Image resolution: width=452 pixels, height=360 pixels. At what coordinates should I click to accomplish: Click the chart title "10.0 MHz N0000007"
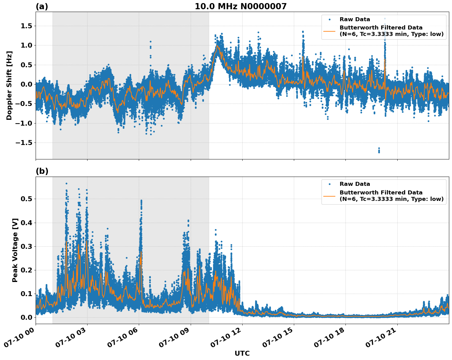pos(240,6)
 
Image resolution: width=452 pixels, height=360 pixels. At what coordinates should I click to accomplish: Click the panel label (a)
pos(42,6)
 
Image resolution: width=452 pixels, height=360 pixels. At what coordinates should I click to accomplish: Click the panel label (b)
pos(42,171)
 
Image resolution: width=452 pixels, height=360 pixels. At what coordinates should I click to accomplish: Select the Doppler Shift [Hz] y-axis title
pos(9,85)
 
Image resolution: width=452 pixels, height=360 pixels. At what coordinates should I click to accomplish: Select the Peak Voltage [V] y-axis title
pos(15,250)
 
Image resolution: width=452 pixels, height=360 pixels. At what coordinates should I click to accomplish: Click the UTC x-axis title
pos(242,353)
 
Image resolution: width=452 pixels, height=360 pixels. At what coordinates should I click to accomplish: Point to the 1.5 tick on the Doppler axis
pos(26,26)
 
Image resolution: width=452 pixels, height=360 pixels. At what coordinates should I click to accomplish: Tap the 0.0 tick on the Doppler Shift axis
pos(26,84)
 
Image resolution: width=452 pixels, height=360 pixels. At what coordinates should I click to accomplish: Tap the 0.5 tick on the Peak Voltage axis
pos(26,199)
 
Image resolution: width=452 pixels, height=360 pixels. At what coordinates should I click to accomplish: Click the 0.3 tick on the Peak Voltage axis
pos(26,246)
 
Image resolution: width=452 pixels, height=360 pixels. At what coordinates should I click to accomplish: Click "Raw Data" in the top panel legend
pos(355,19)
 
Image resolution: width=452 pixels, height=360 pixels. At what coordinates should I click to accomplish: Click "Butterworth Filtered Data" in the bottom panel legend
pos(381,193)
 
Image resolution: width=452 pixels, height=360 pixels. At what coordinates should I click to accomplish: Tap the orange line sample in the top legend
pos(329,31)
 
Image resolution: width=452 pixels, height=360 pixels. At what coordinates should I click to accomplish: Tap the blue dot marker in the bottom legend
pos(329,184)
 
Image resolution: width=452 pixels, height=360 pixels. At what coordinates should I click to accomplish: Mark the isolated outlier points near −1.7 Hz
pos(379,150)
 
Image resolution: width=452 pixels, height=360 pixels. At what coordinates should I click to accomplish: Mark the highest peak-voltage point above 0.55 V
pos(66,184)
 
